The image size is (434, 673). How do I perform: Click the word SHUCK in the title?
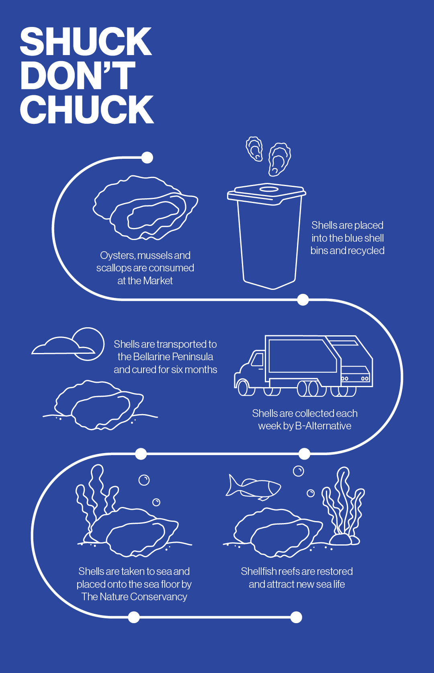point(86,41)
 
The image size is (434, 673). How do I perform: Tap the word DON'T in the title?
point(78,75)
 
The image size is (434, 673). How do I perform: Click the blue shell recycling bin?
point(267,236)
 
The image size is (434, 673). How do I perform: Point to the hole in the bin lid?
point(268,189)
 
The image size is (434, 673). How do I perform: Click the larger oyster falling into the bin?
point(279,159)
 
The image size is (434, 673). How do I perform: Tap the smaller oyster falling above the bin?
point(254,149)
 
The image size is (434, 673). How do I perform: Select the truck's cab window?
point(258,359)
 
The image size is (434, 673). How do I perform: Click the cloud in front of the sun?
point(63,346)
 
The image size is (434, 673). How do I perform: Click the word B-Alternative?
point(323,426)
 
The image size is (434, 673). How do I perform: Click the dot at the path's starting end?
point(147,158)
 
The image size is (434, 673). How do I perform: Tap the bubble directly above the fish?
point(298,471)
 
